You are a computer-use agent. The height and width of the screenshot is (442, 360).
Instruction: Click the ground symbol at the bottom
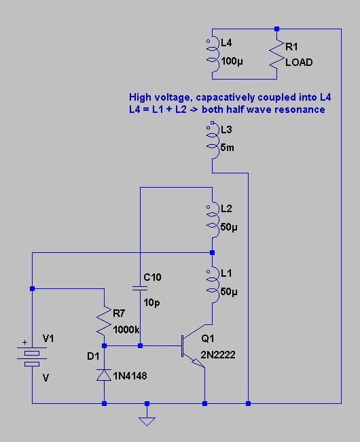(147, 422)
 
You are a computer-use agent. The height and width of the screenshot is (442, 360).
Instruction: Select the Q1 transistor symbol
(193, 346)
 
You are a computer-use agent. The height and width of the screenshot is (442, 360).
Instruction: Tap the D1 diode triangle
(104, 375)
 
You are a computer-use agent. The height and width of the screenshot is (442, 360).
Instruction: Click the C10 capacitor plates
(140, 288)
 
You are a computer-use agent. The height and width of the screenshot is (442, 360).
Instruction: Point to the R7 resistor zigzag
(104, 321)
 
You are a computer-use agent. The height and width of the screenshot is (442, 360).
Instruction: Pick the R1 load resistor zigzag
(276, 54)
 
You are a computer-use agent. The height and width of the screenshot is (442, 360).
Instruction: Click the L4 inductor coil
(213, 54)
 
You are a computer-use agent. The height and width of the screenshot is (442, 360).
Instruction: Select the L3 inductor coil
(213, 141)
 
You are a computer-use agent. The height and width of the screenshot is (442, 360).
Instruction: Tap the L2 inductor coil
(213, 220)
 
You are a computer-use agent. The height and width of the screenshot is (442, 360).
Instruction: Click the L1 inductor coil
(213, 285)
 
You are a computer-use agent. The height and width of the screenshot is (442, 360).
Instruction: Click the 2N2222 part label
(218, 354)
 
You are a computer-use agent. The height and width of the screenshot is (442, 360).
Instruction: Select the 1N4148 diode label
(130, 376)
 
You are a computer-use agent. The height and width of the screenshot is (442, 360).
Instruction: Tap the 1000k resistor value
(126, 329)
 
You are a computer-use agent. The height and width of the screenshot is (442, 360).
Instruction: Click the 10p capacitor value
(151, 303)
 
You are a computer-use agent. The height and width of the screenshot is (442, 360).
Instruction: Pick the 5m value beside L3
(227, 148)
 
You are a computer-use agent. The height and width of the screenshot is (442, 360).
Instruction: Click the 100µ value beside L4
(232, 61)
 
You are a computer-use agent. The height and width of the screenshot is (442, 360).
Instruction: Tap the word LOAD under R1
(299, 63)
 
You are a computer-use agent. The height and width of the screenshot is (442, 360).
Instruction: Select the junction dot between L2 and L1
(213, 252)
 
